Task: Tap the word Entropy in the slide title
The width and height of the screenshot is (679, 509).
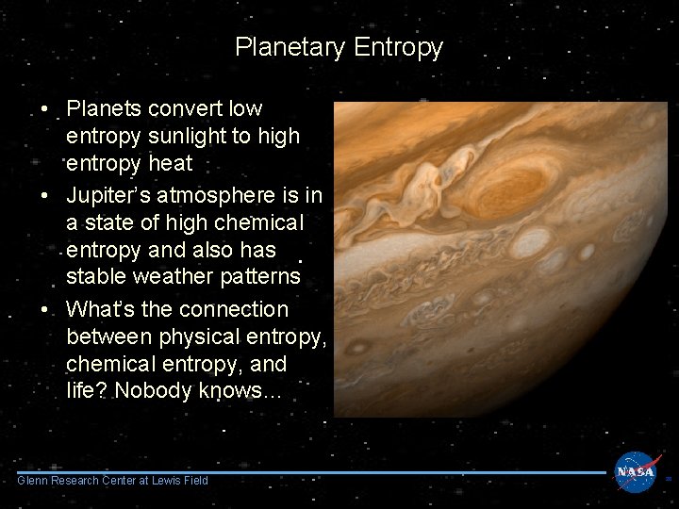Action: [x=396, y=47]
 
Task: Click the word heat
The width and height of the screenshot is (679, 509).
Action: [x=171, y=164]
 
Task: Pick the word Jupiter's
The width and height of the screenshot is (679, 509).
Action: [x=109, y=196]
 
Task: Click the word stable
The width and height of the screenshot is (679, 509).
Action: [x=92, y=277]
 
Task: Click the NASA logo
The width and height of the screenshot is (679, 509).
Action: [x=637, y=471]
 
